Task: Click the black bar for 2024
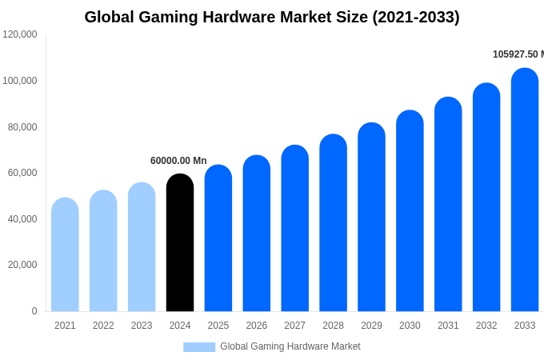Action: click(180, 243)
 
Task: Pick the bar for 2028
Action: click(333, 223)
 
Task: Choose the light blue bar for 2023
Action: click(142, 247)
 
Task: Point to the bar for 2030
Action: click(410, 211)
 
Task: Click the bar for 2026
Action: click(257, 234)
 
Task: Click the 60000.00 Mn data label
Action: click(178, 161)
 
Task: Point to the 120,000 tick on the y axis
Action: click(20, 34)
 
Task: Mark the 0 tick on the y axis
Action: click(34, 311)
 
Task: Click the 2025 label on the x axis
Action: click(218, 326)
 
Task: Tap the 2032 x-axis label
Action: click(486, 326)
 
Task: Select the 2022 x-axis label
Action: click(103, 326)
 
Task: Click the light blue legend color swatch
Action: click(199, 347)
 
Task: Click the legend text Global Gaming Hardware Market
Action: click(290, 346)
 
